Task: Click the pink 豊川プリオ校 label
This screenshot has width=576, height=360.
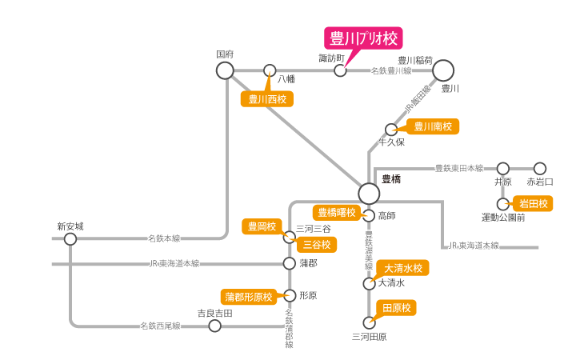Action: [362, 38]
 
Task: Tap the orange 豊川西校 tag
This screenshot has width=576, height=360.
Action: [267, 99]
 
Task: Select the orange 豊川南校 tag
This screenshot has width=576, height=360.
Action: [433, 126]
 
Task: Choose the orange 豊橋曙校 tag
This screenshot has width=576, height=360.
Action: [336, 212]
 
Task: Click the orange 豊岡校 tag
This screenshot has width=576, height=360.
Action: [262, 226]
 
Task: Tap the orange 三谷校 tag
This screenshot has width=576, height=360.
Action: [315, 244]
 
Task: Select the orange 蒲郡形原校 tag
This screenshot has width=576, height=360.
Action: [249, 297]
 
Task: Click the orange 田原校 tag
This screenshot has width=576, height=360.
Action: [397, 308]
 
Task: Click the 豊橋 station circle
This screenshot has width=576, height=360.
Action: [369, 193]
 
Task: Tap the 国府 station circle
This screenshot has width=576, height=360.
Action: [225, 70]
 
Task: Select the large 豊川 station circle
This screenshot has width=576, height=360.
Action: [443, 70]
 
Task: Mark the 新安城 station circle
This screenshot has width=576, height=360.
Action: [70, 238]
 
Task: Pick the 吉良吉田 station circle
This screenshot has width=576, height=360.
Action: [214, 326]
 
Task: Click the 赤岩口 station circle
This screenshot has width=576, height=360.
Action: [540, 168]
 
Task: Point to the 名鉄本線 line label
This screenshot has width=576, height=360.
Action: [164, 238]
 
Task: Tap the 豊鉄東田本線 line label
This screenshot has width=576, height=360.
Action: [459, 168]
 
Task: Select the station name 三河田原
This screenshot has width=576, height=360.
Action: [370, 337]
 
